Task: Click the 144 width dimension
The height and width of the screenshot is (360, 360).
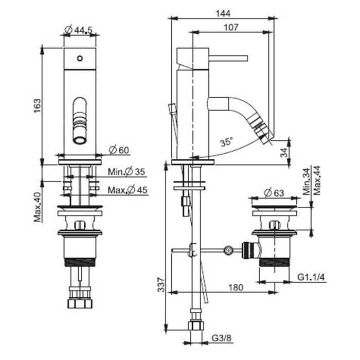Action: [x=223, y=13]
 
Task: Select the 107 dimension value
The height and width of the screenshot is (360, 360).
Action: [x=231, y=27]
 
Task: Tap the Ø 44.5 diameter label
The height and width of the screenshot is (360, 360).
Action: [x=79, y=30]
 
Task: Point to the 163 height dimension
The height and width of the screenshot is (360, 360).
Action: [x=37, y=105]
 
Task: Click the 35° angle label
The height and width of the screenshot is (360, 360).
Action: [x=226, y=141]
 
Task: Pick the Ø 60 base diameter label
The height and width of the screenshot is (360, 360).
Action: [x=119, y=150]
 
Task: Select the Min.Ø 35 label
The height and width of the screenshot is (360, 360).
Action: [x=127, y=172]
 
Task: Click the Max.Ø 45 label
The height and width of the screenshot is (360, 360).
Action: [x=128, y=190]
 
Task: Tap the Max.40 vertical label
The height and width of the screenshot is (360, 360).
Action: [x=38, y=207]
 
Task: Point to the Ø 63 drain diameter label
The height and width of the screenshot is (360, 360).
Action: [x=274, y=193]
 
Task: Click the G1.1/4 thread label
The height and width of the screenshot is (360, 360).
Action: [x=311, y=277]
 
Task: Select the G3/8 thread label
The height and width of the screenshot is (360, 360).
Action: [x=222, y=338]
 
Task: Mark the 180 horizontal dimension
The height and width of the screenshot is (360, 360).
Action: [x=236, y=287]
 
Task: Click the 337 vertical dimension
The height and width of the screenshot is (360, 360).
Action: [x=161, y=285]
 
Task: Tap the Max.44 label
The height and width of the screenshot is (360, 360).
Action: [x=317, y=180]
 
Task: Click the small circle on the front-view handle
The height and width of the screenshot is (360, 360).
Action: [x=80, y=58]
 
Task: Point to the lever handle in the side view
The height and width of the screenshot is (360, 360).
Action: [x=228, y=58]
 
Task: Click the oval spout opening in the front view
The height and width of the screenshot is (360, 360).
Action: [x=80, y=121]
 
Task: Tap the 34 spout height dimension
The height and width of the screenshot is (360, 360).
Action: [x=284, y=152]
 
